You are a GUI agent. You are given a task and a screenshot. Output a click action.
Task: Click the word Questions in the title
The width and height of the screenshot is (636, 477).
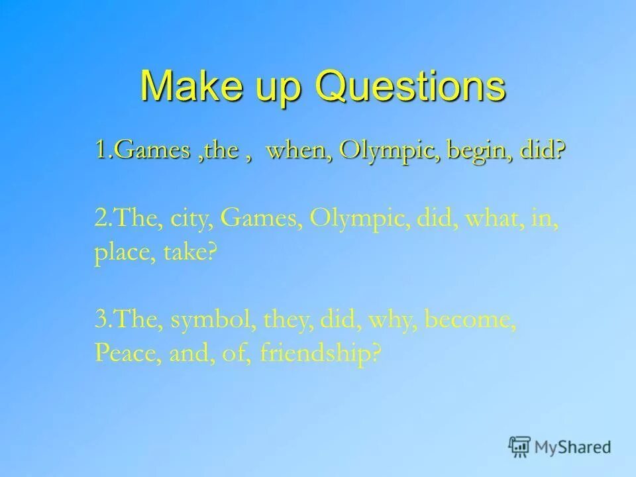pyautogui.click(x=410, y=86)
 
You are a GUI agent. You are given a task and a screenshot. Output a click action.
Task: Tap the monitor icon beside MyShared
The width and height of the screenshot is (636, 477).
pyautogui.click(x=519, y=447)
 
